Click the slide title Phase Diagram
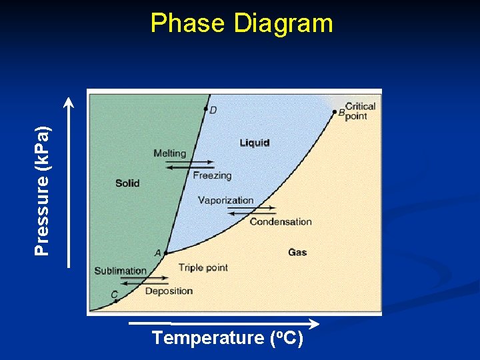[241, 23]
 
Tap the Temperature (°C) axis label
[227, 338]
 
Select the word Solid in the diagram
[127, 183]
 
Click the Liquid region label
[255, 143]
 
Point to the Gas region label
[297, 252]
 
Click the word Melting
[169, 153]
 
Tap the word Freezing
[212, 176]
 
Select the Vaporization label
[225, 200]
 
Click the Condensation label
[281, 221]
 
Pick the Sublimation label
[120, 271]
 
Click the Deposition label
[169, 291]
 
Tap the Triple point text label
[203, 267]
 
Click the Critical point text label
[360, 111]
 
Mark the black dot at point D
[205, 109]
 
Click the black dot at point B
[335, 112]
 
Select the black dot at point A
[165, 253]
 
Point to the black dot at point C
[116, 301]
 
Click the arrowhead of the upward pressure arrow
[69, 101]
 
